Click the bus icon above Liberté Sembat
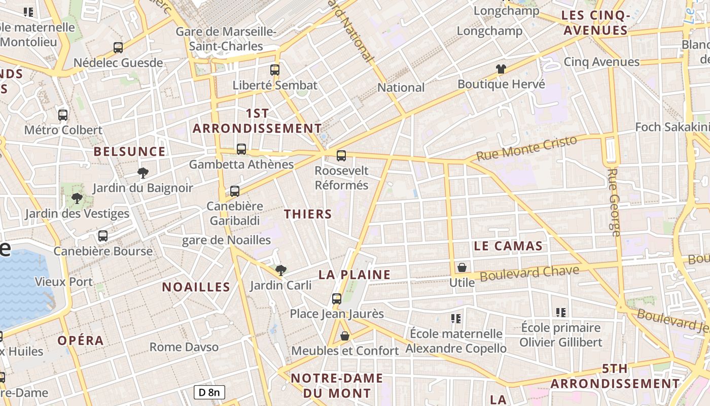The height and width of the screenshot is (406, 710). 275,70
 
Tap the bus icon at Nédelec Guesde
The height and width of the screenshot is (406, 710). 118,48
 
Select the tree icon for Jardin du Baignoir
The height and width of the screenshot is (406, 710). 143,173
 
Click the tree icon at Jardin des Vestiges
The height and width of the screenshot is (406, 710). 77,198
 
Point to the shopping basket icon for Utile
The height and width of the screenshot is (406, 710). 462,267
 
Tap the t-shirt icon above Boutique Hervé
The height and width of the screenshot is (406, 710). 501,69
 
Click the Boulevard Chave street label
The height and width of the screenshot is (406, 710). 529,274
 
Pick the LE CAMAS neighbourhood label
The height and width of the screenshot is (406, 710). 508,246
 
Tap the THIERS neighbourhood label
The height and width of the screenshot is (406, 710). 308,214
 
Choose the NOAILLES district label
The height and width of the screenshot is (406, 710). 196,287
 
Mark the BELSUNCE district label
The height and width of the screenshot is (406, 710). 129,151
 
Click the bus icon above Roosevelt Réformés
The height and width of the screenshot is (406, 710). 341,155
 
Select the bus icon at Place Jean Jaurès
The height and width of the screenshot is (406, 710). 337,298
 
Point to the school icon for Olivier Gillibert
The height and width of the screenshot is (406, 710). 560,312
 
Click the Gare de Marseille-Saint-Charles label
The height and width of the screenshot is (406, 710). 226,39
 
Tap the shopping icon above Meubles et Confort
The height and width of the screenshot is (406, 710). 345,335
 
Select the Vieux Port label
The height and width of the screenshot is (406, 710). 64,282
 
